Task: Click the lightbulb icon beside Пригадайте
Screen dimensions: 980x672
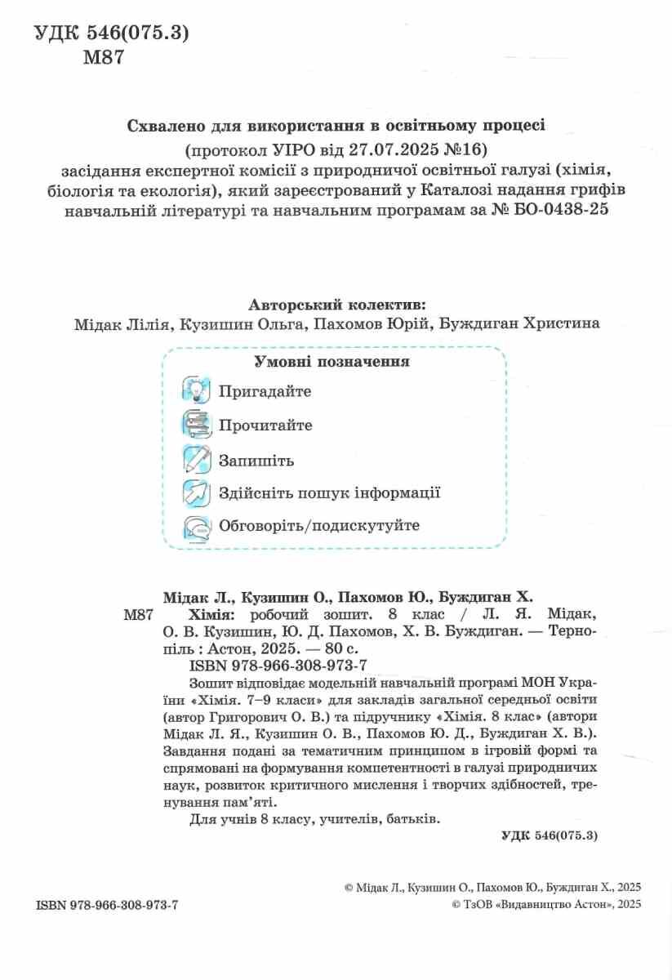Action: pyautogui.click(x=197, y=391)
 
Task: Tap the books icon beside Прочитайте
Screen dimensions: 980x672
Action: pyautogui.click(x=197, y=425)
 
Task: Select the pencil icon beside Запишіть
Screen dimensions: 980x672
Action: pyautogui.click(x=197, y=460)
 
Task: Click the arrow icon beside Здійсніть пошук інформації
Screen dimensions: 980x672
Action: pyautogui.click(x=197, y=493)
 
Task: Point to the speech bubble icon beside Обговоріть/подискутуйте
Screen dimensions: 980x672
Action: pyautogui.click(x=197, y=526)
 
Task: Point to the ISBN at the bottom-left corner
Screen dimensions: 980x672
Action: pyautogui.click(x=107, y=906)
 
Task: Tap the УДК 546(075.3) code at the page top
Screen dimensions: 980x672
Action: pyautogui.click(x=112, y=33)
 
